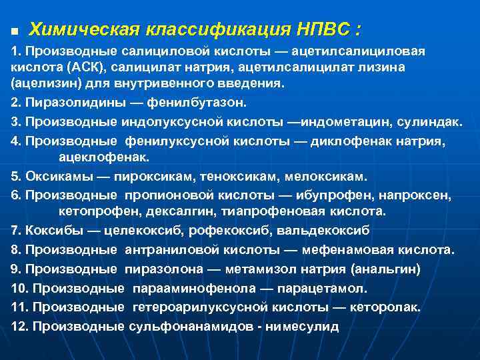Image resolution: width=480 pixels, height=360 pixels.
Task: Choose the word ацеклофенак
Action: (105, 157)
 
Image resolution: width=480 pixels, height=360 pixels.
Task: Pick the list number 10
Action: (20, 289)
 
